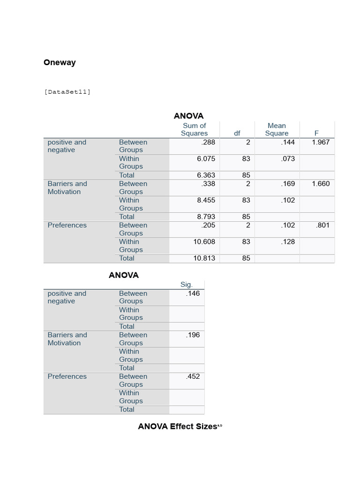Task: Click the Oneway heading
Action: [60, 62]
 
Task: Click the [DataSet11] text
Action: [67, 92]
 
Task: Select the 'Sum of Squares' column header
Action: [194, 129]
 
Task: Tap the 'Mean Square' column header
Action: [277, 129]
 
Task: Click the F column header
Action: [316, 133]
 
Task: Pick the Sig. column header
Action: [187, 285]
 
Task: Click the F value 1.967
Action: [321, 142]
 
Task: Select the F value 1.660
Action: [321, 184]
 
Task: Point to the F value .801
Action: [323, 225]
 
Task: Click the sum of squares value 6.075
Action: [206, 158]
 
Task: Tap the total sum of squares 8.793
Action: [206, 217]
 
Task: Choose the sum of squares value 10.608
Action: [204, 241]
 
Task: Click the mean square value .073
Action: [288, 158]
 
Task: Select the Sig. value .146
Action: [193, 293]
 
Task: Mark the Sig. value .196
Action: [193, 335]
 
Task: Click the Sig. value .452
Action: [193, 376]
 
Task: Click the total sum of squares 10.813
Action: [204, 258]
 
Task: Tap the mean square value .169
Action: [288, 184]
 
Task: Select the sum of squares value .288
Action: [208, 142]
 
